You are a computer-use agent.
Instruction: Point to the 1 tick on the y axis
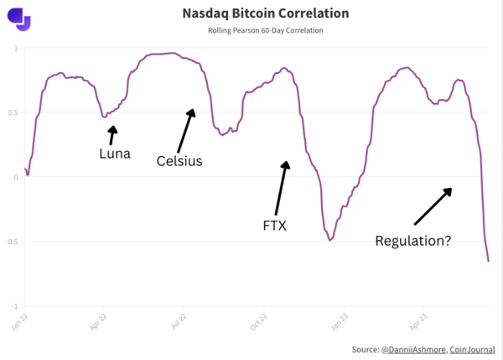pyautogui.click(x=16, y=48)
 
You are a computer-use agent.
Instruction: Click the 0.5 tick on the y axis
pyautogui.click(x=13, y=112)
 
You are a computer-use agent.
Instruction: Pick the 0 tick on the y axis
pyautogui.click(x=16, y=177)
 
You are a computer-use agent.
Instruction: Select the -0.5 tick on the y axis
pyautogui.click(x=12, y=242)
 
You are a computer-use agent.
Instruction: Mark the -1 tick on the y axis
pyautogui.click(x=14, y=306)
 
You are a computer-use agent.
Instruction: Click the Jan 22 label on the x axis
pyautogui.click(x=23, y=321)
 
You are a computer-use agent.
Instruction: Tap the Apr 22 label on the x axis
pyautogui.click(x=99, y=321)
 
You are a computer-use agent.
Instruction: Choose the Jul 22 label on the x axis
pyautogui.click(x=178, y=321)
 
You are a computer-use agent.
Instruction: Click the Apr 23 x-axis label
pyautogui.click(x=417, y=321)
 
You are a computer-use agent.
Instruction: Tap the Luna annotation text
pyautogui.click(x=114, y=154)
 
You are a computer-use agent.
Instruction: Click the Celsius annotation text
pyautogui.click(x=179, y=161)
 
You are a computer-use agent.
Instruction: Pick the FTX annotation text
pyautogui.click(x=275, y=225)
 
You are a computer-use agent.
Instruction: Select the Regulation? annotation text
pyautogui.click(x=412, y=241)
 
